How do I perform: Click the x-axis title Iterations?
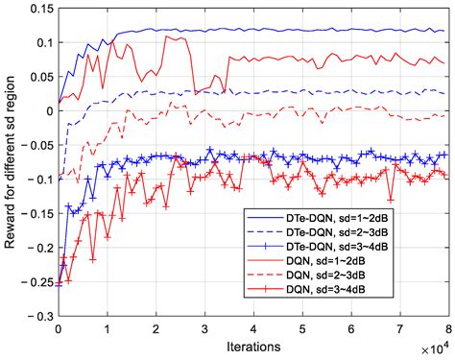[x=252, y=344]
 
